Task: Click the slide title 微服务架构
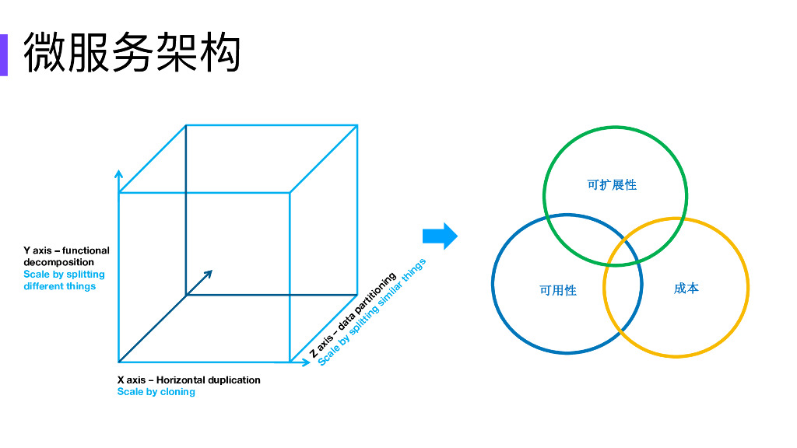click(132, 53)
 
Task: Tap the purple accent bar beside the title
click(3, 54)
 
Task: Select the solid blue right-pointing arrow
click(440, 236)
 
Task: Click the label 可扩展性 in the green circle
click(612, 185)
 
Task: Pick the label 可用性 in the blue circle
click(558, 290)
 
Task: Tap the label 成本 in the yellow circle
click(686, 289)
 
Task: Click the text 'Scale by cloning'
click(156, 392)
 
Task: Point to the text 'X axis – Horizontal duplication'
click(188, 380)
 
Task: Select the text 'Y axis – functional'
click(66, 250)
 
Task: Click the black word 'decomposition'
click(58, 262)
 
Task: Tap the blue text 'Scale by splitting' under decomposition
click(64, 274)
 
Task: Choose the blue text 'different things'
click(59, 286)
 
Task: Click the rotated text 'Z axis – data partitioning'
click(353, 315)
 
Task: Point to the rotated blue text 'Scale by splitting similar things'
click(372, 312)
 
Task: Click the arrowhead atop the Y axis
click(118, 173)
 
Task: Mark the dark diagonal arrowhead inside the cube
click(209, 273)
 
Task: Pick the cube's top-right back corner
click(357, 125)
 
